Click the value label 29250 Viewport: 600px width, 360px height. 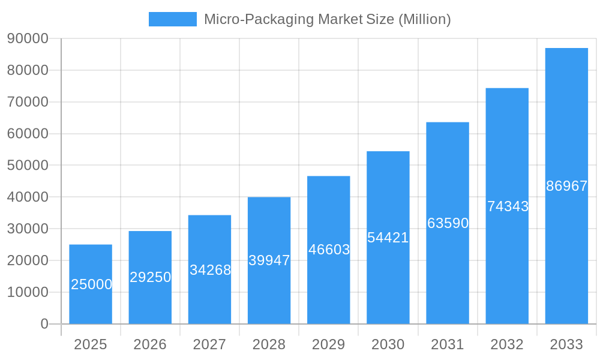click(151, 277)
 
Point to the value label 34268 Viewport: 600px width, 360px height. click(210, 270)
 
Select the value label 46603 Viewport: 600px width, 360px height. click(329, 250)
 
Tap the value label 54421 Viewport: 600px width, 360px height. click(388, 238)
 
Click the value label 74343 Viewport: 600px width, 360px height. click(508, 206)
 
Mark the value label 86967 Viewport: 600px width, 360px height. click(566, 186)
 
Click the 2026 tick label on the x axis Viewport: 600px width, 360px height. click(150, 344)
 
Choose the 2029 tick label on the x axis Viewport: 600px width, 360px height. click(329, 344)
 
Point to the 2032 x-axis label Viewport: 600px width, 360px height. click(507, 344)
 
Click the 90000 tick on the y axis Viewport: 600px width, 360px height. click(28, 38)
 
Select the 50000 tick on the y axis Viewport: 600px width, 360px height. click(28, 165)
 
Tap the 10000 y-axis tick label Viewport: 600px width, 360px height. click(28, 292)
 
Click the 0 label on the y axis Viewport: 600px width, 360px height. click(44, 324)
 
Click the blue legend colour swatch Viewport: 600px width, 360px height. click(173, 19)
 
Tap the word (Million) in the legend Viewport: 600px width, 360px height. click(425, 19)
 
